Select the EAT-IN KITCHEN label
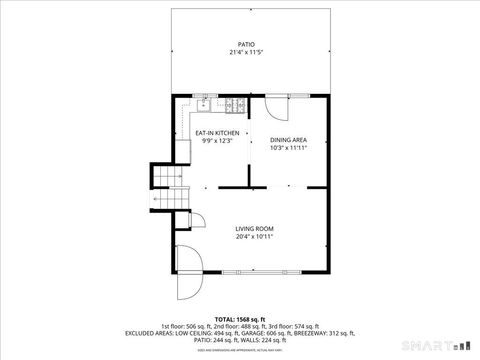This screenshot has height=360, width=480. (x=217, y=133)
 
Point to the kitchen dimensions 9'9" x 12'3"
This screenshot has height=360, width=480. (x=217, y=141)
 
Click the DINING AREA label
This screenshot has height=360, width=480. (x=288, y=140)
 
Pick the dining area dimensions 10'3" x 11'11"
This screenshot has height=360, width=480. (x=288, y=148)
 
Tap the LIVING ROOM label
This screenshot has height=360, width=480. (x=254, y=229)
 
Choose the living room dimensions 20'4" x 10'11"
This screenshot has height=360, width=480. (x=254, y=237)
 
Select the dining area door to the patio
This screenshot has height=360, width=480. (x=277, y=103)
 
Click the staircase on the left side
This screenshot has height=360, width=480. (x=167, y=181)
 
